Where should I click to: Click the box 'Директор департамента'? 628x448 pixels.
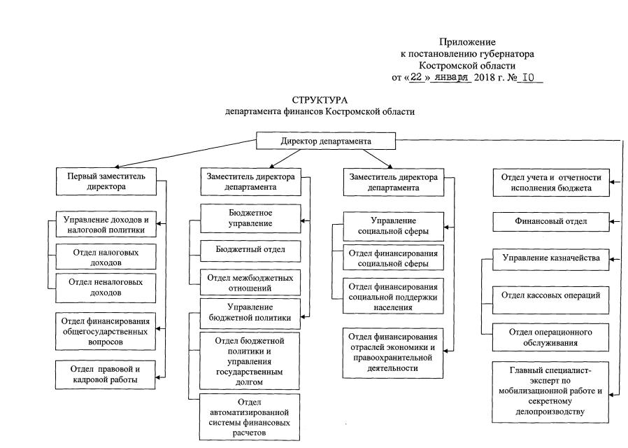point(326,141)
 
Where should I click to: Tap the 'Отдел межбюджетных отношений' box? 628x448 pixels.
point(250,282)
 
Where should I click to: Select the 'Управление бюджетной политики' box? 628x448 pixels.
point(250,313)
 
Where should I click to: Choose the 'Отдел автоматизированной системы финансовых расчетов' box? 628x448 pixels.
point(250,417)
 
